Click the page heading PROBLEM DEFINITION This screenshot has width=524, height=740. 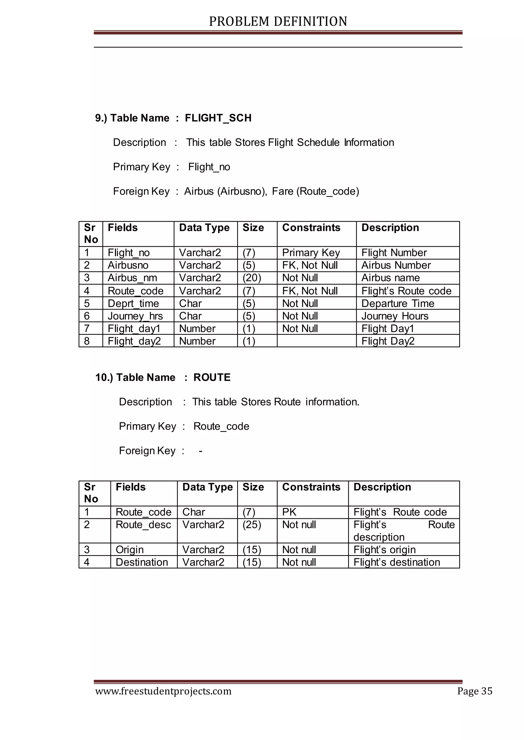pos(278,21)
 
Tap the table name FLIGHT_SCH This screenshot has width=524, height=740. pos(218,118)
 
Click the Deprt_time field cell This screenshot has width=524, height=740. pos(133,304)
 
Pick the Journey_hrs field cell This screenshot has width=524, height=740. pos(135,316)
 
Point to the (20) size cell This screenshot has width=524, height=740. pos(252,278)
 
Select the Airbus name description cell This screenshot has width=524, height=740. pos(390,278)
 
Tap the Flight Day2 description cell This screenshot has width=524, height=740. pos(388,341)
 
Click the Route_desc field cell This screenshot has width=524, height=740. pos(143,525)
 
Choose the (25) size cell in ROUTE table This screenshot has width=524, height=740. pos(252,525)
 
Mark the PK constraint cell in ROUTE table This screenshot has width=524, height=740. pos(289,512)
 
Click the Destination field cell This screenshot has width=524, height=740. pos(142,562)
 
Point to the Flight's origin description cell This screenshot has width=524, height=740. pos(384,550)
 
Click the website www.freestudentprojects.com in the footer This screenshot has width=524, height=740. pos(163,691)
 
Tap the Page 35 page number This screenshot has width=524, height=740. pos(475,691)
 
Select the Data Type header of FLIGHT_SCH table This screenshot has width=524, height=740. pos(204,228)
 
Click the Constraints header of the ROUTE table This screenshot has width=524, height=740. pos(311,487)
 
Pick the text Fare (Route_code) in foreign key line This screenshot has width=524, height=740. pos(315,192)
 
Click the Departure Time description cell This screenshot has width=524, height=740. pos(398,304)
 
